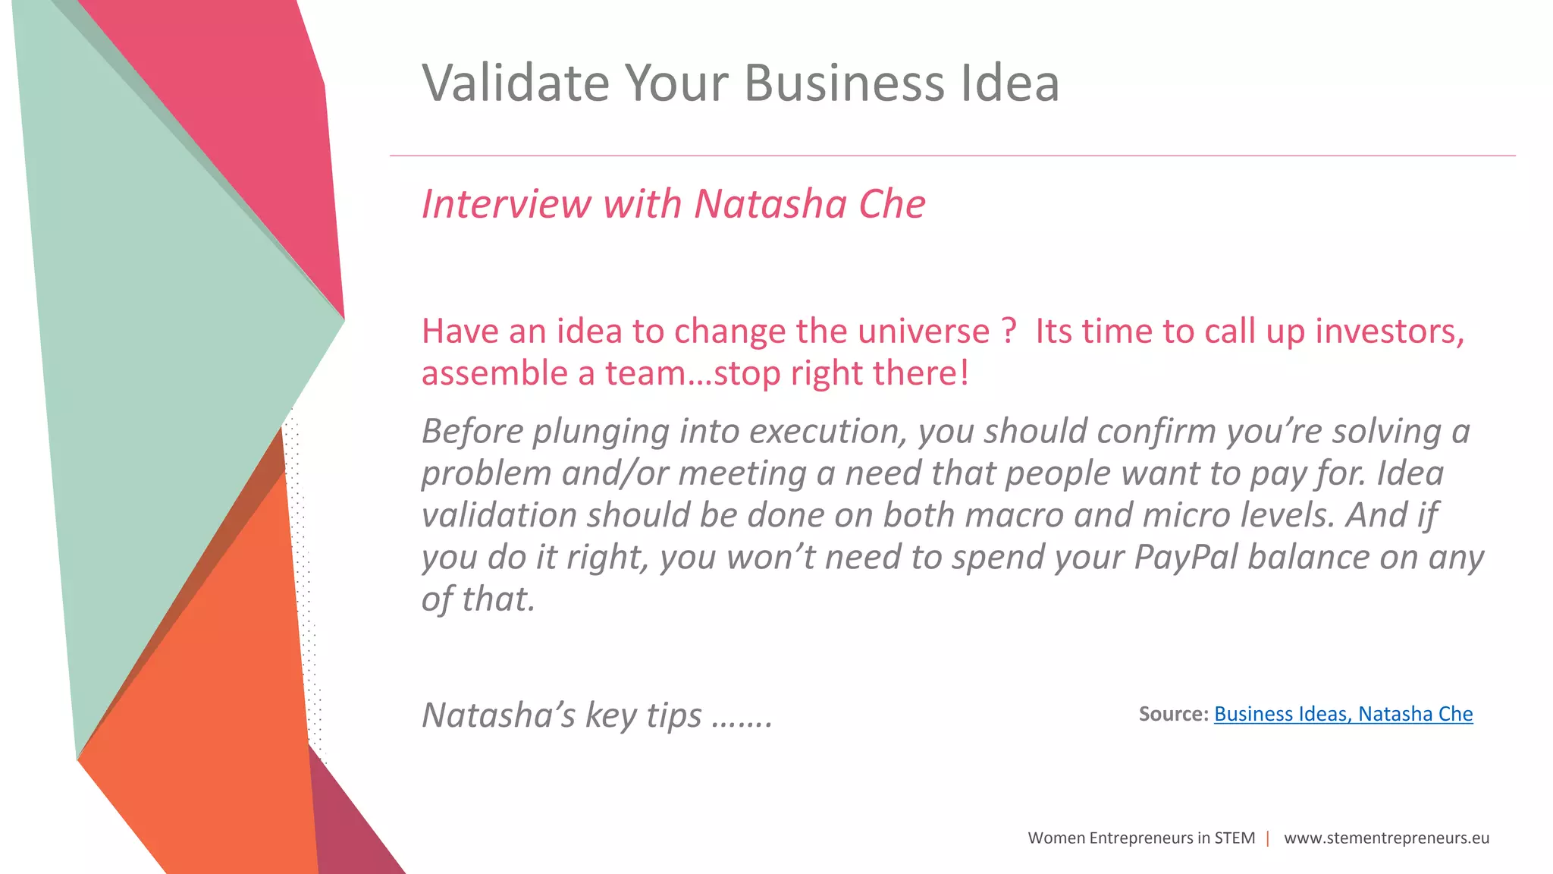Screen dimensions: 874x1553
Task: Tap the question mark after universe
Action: click(1009, 331)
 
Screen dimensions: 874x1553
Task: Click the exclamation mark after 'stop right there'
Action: click(965, 373)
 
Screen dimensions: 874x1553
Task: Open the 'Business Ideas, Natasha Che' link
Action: click(1343, 714)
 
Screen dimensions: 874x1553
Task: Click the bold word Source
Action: click(1172, 714)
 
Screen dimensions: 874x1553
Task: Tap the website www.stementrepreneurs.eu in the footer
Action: click(1386, 838)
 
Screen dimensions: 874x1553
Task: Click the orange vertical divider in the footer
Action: click(1268, 838)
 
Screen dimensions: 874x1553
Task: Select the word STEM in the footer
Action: click(1235, 838)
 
